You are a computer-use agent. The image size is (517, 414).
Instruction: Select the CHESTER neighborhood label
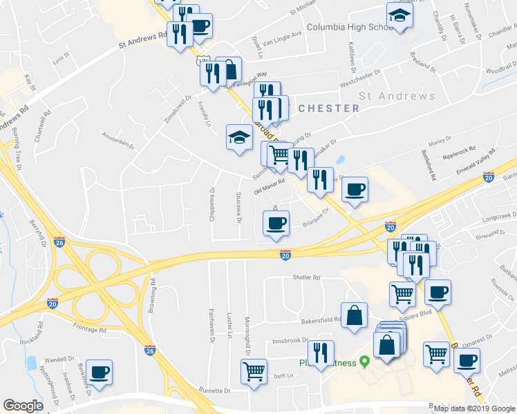click(x=329, y=108)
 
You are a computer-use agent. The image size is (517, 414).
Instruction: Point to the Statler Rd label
click(x=307, y=277)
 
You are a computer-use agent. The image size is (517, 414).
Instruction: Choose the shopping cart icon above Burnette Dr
click(x=254, y=371)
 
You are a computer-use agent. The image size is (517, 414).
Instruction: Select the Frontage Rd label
click(x=88, y=330)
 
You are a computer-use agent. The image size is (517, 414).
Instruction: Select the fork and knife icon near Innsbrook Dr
click(x=320, y=353)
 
